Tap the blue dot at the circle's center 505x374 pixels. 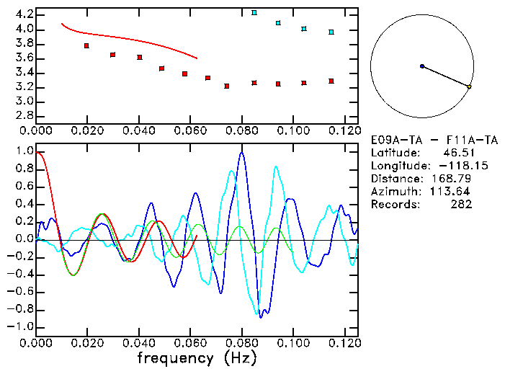tap(422, 66)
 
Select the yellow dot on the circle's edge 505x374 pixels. tap(469, 87)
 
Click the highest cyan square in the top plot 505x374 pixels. tap(254, 13)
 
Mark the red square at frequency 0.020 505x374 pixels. tap(86, 46)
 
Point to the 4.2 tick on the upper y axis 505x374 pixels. tap(22, 14)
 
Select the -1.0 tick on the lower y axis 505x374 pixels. tap(20, 326)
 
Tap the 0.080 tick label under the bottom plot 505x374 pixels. tap(241, 342)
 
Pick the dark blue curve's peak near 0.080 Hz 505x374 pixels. tap(241, 153)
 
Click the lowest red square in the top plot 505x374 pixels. tap(227, 86)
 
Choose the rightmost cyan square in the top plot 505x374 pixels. tap(331, 32)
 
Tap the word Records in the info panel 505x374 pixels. tap(393, 205)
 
